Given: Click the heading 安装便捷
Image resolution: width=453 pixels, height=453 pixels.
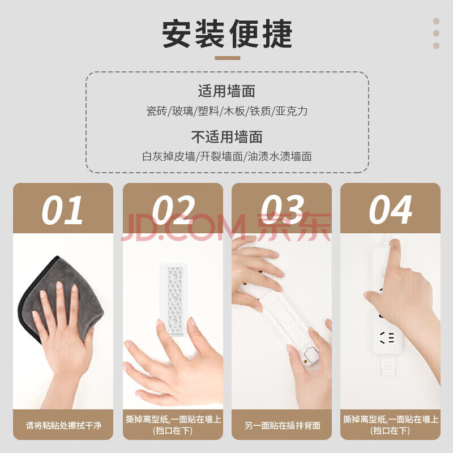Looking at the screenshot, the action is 227,34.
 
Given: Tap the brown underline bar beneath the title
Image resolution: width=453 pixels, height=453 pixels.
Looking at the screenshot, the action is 228,58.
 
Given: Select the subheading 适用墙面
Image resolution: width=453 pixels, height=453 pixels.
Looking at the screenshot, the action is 227,91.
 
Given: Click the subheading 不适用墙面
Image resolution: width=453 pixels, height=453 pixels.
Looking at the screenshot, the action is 227,137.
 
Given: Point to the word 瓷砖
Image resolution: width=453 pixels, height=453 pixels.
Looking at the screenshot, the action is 157,111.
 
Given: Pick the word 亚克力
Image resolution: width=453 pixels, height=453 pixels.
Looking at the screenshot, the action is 292,111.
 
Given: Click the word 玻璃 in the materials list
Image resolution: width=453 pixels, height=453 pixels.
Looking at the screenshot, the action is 182,111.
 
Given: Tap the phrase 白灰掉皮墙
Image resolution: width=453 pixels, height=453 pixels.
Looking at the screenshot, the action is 169,157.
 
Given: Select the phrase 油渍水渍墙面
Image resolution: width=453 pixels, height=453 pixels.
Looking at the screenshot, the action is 280,157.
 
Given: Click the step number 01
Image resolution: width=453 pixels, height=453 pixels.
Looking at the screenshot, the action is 63,210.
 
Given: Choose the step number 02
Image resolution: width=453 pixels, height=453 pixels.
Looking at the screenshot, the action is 173,210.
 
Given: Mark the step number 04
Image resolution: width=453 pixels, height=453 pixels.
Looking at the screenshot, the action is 390,210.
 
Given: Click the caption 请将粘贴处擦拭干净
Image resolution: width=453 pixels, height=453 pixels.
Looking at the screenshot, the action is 63,425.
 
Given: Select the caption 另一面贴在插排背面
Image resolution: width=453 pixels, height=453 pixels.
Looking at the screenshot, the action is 282,425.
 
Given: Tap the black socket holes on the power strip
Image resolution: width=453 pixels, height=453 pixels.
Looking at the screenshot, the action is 387,337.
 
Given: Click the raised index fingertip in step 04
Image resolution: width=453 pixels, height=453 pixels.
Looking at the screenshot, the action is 395,243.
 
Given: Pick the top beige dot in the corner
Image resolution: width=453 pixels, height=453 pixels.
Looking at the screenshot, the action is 436,21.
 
